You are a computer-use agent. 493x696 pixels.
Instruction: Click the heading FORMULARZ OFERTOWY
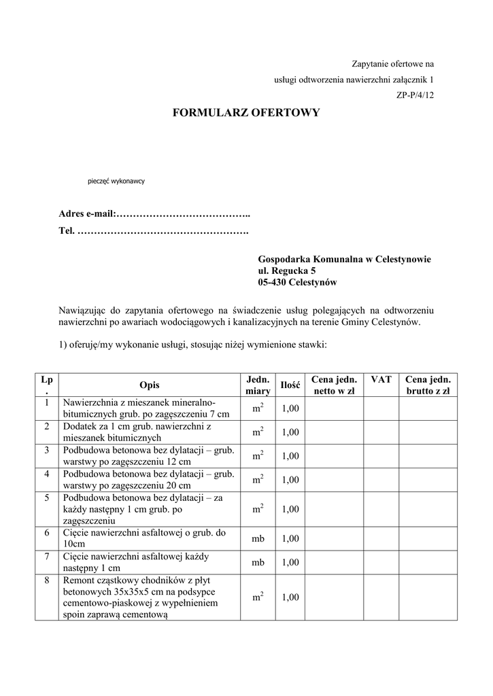(x=247, y=113)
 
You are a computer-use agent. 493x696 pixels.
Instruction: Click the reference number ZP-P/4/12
(x=415, y=95)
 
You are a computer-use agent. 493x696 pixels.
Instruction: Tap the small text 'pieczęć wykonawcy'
(x=116, y=181)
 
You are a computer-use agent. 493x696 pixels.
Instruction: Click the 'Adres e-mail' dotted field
(x=183, y=214)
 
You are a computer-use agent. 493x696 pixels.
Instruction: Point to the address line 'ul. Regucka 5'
(x=286, y=271)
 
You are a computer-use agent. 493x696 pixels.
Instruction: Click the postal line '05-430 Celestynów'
(x=297, y=282)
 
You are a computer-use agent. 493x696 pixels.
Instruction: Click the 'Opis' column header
(x=149, y=385)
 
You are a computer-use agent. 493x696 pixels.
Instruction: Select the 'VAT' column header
(x=381, y=379)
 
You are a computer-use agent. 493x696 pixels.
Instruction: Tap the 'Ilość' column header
(x=290, y=385)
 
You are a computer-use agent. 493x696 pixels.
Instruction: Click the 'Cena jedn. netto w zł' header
(x=334, y=385)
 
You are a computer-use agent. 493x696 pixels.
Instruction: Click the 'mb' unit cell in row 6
(x=258, y=539)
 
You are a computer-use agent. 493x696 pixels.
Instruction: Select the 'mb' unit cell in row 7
(x=258, y=562)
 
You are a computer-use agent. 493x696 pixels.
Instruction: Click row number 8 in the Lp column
(x=46, y=580)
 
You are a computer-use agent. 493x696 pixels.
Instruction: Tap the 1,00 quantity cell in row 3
(x=290, y=456)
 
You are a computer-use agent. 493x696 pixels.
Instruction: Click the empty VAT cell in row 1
(x=381, y=408)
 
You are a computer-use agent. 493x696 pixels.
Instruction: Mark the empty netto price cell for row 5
(x=334, y=508)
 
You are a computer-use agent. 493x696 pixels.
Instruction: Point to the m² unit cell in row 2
(x=258, y=432)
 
